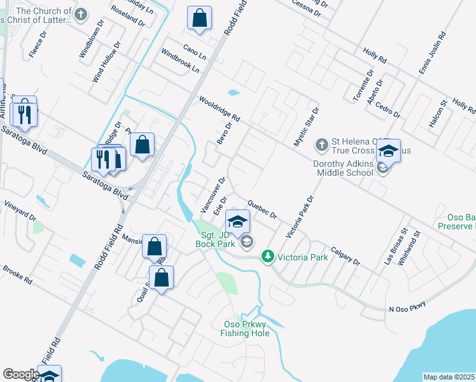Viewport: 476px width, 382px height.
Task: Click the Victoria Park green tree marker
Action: (x=268, y=257)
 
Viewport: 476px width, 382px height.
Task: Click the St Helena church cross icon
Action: (x=321, y=146)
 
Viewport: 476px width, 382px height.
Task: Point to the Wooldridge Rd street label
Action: (x=218, y=109)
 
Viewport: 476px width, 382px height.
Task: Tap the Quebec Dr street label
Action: (x=262, y=210)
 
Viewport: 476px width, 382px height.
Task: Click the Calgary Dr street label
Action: (x=346, y=256)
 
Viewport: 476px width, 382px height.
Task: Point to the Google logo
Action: (x=20, y=374)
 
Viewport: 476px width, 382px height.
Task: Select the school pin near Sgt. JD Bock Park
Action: (x=237, y=221)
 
